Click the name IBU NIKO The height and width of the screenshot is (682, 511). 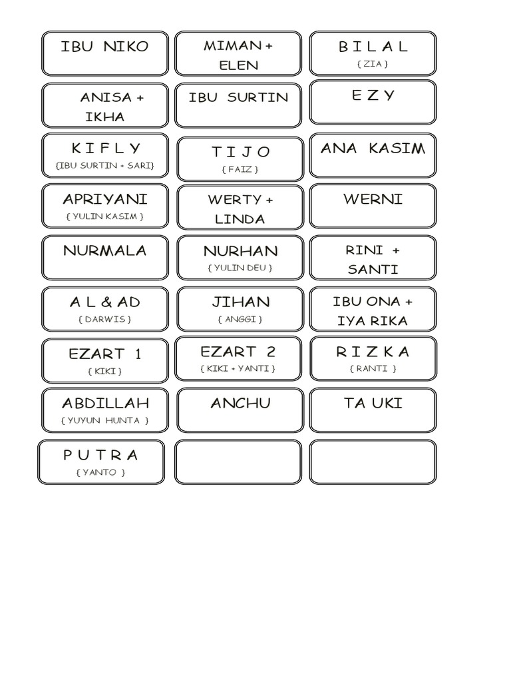(x=104, y=47)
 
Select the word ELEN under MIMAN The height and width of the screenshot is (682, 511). (x=240, y=65)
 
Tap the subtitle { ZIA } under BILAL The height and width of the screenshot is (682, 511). (x=373, y=64)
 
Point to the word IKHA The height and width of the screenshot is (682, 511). (x=104, y=117)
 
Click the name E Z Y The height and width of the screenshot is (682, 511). (x=373, y=95)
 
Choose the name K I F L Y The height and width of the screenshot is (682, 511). (x=106, y=148)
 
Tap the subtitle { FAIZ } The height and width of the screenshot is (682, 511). (x=240, y=169)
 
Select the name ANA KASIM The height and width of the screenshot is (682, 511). (x=373, y=148)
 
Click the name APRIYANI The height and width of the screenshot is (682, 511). (x=105, y=199)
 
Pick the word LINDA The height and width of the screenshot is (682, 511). (x=240, y=219)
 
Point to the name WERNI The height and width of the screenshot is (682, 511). (x=373, y=199)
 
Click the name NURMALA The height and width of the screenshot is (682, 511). (x=104, y=251)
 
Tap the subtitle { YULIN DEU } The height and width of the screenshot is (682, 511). (x=240, y=268)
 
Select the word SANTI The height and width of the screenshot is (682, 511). (x=373, y=270)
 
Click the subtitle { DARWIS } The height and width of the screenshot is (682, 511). (x=104, y=319)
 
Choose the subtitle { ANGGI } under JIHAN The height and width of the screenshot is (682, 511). (x=240, y=319)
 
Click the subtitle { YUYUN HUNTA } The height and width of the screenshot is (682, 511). (x=104, y=420)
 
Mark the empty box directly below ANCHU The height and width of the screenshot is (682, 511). (x=238, y=462)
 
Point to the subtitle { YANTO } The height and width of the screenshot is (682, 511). (x=100, y=472)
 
